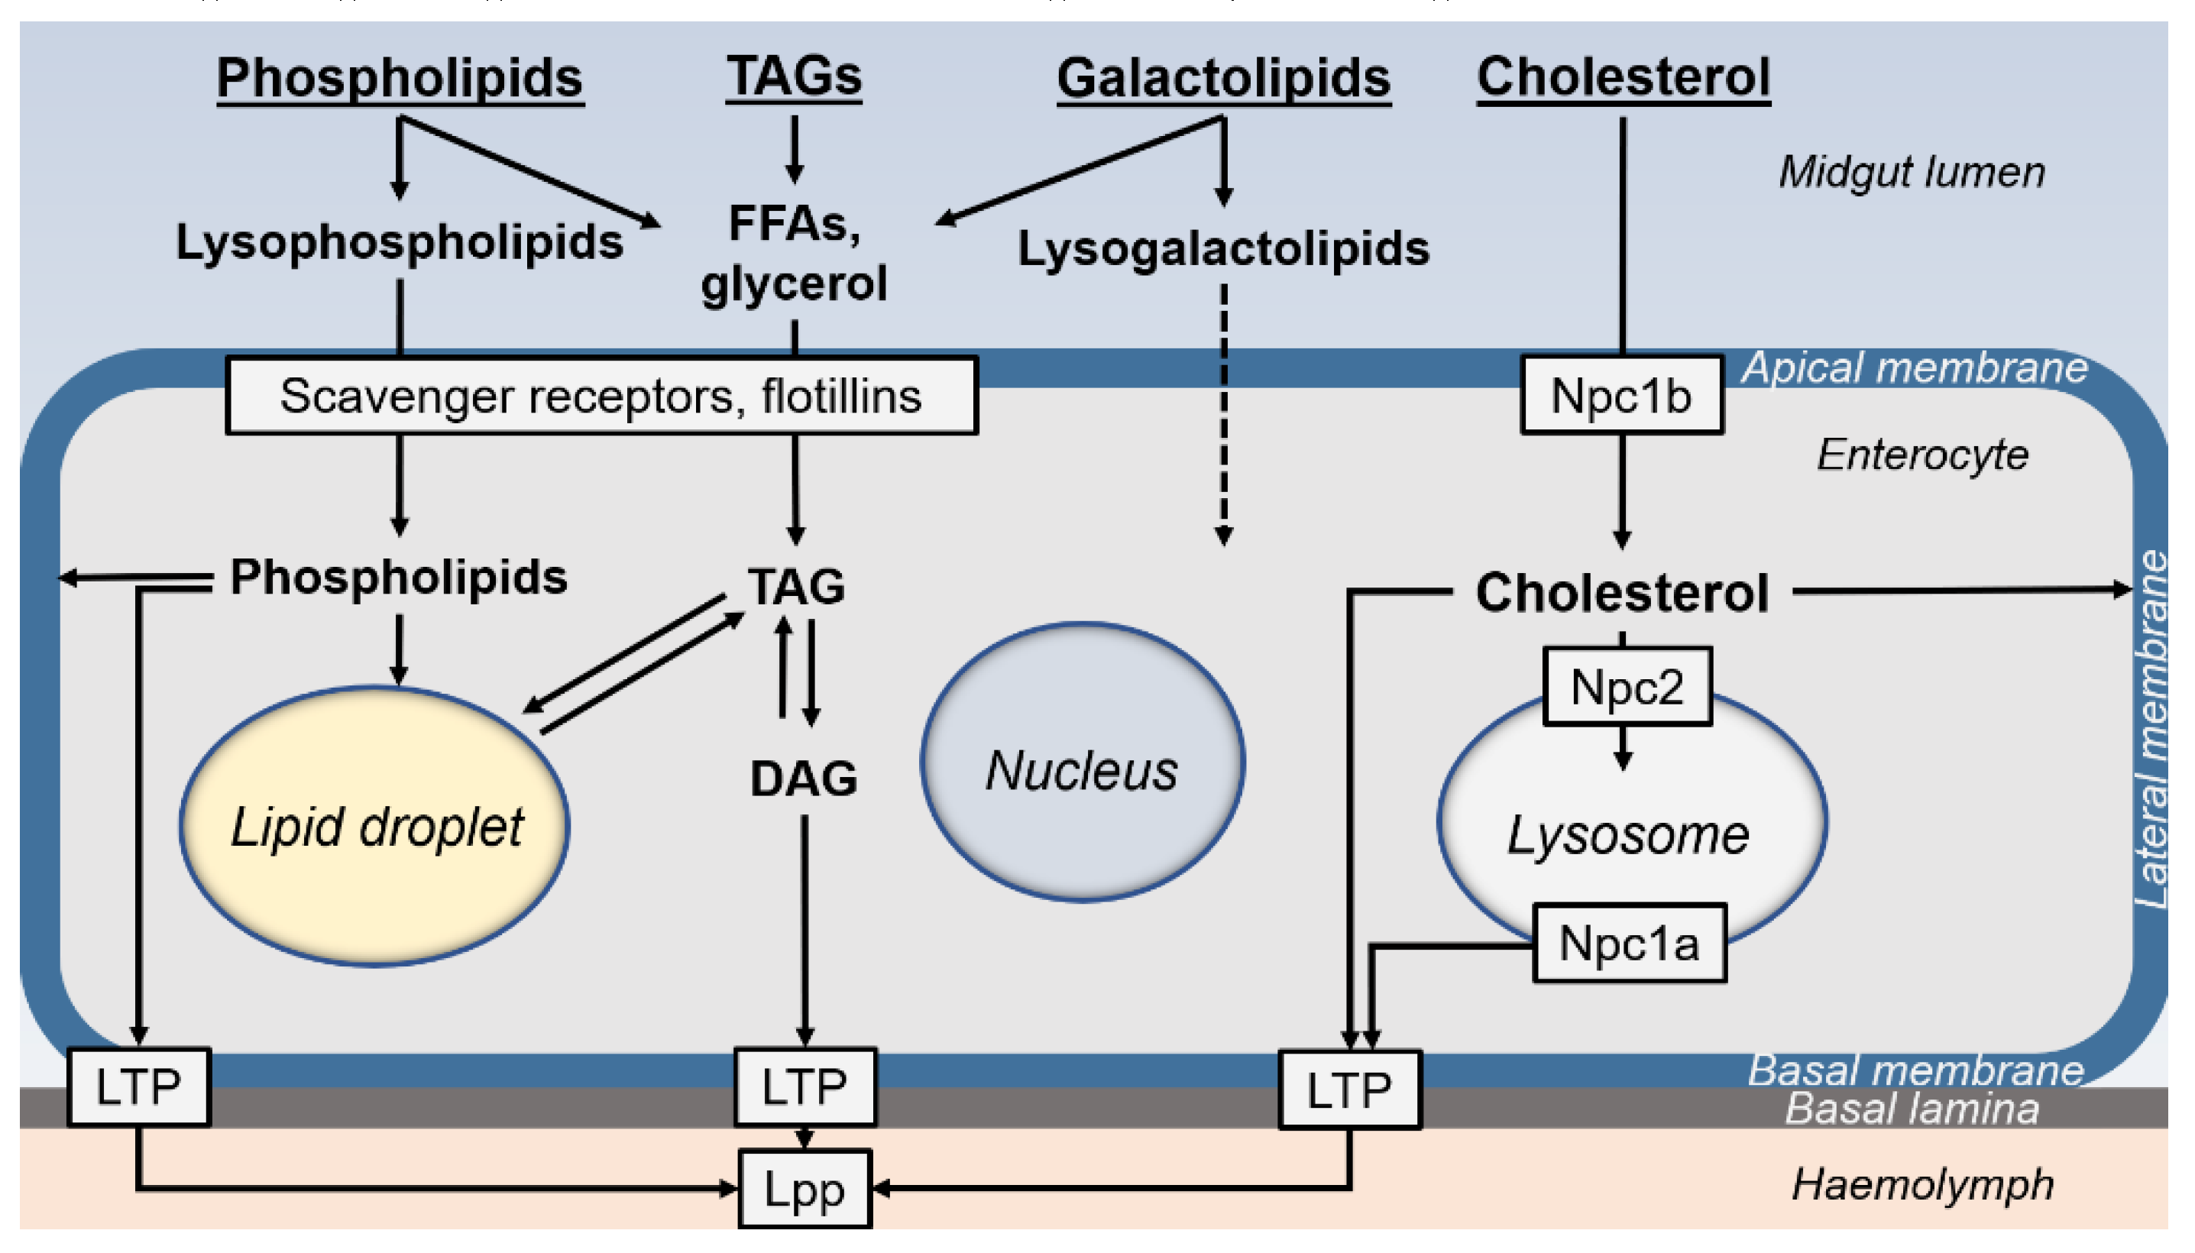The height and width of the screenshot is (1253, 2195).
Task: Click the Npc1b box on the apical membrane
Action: [x=1621, y=395]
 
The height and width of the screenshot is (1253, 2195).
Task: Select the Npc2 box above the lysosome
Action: [x=1627, y=687]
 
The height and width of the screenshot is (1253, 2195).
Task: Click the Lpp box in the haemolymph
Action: [x=805, y=1190]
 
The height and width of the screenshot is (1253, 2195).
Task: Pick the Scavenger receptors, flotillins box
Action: [x=601, y=396]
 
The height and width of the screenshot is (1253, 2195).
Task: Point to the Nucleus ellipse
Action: [x=1082, y=763]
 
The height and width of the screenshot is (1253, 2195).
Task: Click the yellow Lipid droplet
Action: [x=374, y=826]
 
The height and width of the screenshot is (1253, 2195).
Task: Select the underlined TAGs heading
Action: [x=793, y=76]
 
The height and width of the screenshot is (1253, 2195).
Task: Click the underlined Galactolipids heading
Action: [x=1222, y=78]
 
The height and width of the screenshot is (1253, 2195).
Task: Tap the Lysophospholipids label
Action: [x=400, y=242]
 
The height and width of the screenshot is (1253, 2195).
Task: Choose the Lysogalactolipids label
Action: [x=1222, y=249]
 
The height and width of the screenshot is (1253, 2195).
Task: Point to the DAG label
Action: [x=804, y=779]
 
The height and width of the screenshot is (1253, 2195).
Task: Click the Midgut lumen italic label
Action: [x=1911, y=172]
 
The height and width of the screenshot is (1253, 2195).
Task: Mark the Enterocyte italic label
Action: [x=1921, y=455]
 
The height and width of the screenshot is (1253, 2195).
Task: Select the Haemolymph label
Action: [x=1922, y=1185]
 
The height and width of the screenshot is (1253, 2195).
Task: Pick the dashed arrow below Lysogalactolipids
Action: [x=1222, y=413]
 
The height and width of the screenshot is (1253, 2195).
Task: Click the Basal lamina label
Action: [x=1911, y=1109]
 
